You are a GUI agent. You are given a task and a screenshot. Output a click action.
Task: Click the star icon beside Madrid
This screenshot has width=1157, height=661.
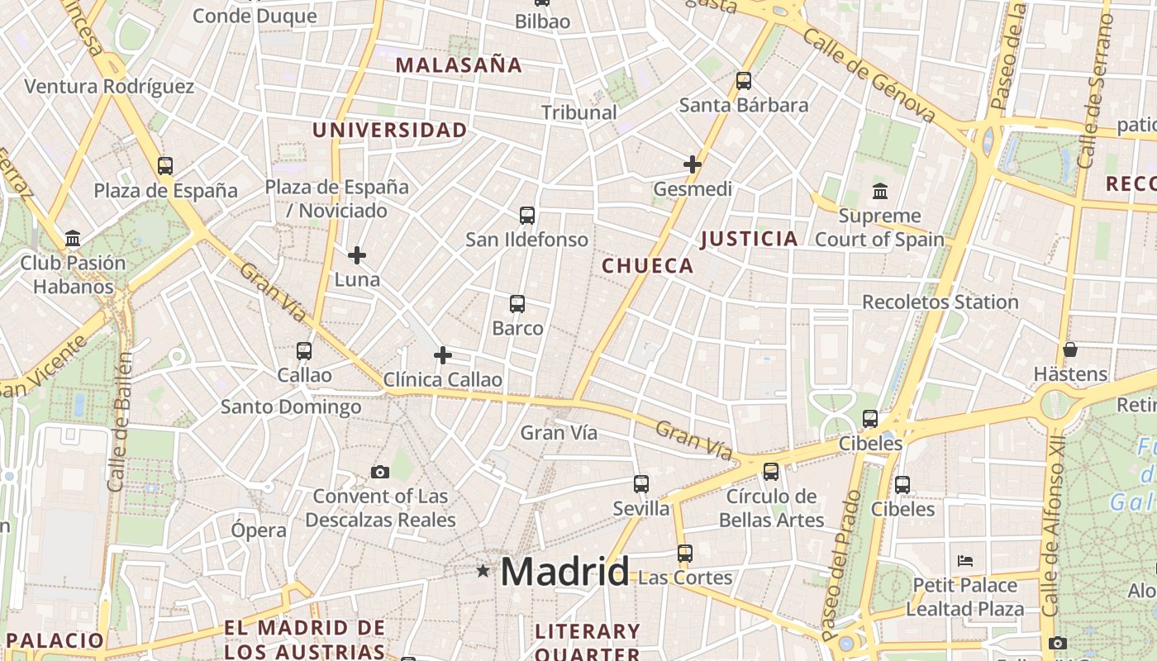[x=483, y=571]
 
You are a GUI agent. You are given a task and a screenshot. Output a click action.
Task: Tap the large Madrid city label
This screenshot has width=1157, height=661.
[x=564, y=572]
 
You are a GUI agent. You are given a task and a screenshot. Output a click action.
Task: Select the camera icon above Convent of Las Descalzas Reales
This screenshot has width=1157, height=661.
[x=380, y=473]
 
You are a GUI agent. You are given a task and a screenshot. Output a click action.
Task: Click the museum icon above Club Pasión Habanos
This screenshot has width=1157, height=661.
[x=73, y=240]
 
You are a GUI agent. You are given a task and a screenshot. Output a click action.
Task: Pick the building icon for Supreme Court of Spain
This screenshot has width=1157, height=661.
[x=880, y=192]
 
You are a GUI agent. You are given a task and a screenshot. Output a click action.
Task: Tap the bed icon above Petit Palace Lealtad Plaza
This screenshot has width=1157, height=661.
[x=965, y=561]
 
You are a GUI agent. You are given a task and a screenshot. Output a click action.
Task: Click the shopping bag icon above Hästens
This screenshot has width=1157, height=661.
[x=1070, y=350]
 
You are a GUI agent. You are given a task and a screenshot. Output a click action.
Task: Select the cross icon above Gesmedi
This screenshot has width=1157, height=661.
[x=693, y=164]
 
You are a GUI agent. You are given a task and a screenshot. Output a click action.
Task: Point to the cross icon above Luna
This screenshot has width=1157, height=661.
[x=357, y=255]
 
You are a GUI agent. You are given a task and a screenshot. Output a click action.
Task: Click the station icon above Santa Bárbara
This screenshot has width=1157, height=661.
[x=744, y=81]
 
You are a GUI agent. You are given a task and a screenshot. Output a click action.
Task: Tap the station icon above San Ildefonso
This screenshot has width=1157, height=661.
[x=527, y=216]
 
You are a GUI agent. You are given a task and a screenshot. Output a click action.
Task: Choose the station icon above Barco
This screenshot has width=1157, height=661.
[x=517, y=304]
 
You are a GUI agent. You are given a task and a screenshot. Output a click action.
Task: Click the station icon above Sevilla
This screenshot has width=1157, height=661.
[x=641, y=484]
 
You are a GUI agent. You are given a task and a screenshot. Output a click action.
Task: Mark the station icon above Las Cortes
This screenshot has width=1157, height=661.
[x=685, y=553]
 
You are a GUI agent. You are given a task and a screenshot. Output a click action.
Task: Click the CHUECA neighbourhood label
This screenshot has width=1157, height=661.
[x=647, y=266]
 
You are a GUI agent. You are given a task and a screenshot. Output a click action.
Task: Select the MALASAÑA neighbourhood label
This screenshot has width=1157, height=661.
[x=459, y=65]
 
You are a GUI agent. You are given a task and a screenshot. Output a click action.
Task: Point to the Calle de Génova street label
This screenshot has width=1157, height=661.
[x=868, y=74]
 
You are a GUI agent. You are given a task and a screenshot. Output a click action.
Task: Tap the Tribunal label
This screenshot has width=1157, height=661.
[x=578, y=112]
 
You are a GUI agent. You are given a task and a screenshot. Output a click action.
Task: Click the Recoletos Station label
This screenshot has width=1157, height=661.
[x=940, y=302]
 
